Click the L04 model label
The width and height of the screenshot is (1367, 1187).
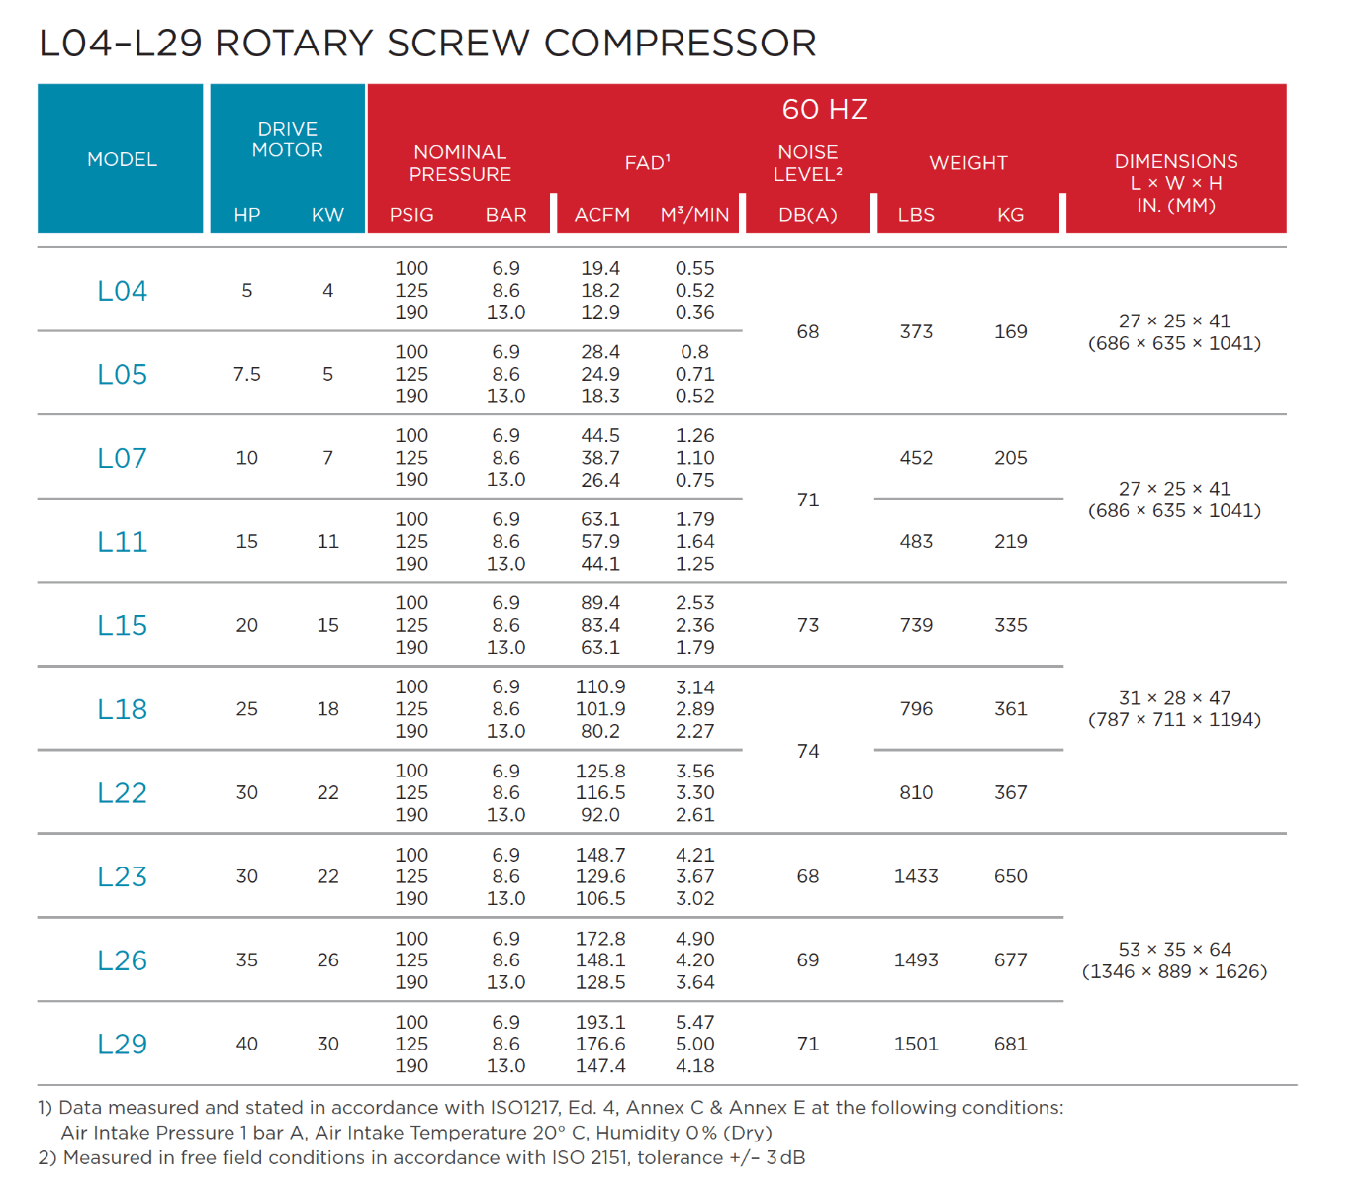[122, 291]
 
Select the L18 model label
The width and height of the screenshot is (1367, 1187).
[122, 709]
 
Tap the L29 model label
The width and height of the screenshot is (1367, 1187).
[122, 1045]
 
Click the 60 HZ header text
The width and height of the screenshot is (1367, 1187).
[825, 109]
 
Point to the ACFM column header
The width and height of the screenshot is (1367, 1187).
[601, 215]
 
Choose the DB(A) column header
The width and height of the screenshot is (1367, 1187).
[807, 215]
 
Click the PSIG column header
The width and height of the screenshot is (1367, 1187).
[411, 215]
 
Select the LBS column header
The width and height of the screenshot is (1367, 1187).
[916, 215]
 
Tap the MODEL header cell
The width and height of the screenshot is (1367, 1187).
[122, 159]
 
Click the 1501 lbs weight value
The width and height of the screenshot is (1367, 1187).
[916, 1045]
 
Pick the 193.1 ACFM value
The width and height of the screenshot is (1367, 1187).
[600, 1022]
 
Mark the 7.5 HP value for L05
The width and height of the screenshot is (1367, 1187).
[247, 375]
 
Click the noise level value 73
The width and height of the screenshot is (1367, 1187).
[808, 625]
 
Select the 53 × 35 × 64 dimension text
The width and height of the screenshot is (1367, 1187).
[1174, 950]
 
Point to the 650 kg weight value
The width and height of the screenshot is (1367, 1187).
[1010, 876]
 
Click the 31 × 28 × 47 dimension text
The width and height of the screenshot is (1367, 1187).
[1174, 698]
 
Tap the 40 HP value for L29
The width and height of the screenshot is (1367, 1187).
[247, 1045]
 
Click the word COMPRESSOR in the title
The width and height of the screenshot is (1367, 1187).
[680, 44]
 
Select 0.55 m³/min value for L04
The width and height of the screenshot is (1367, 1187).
[694, 269]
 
